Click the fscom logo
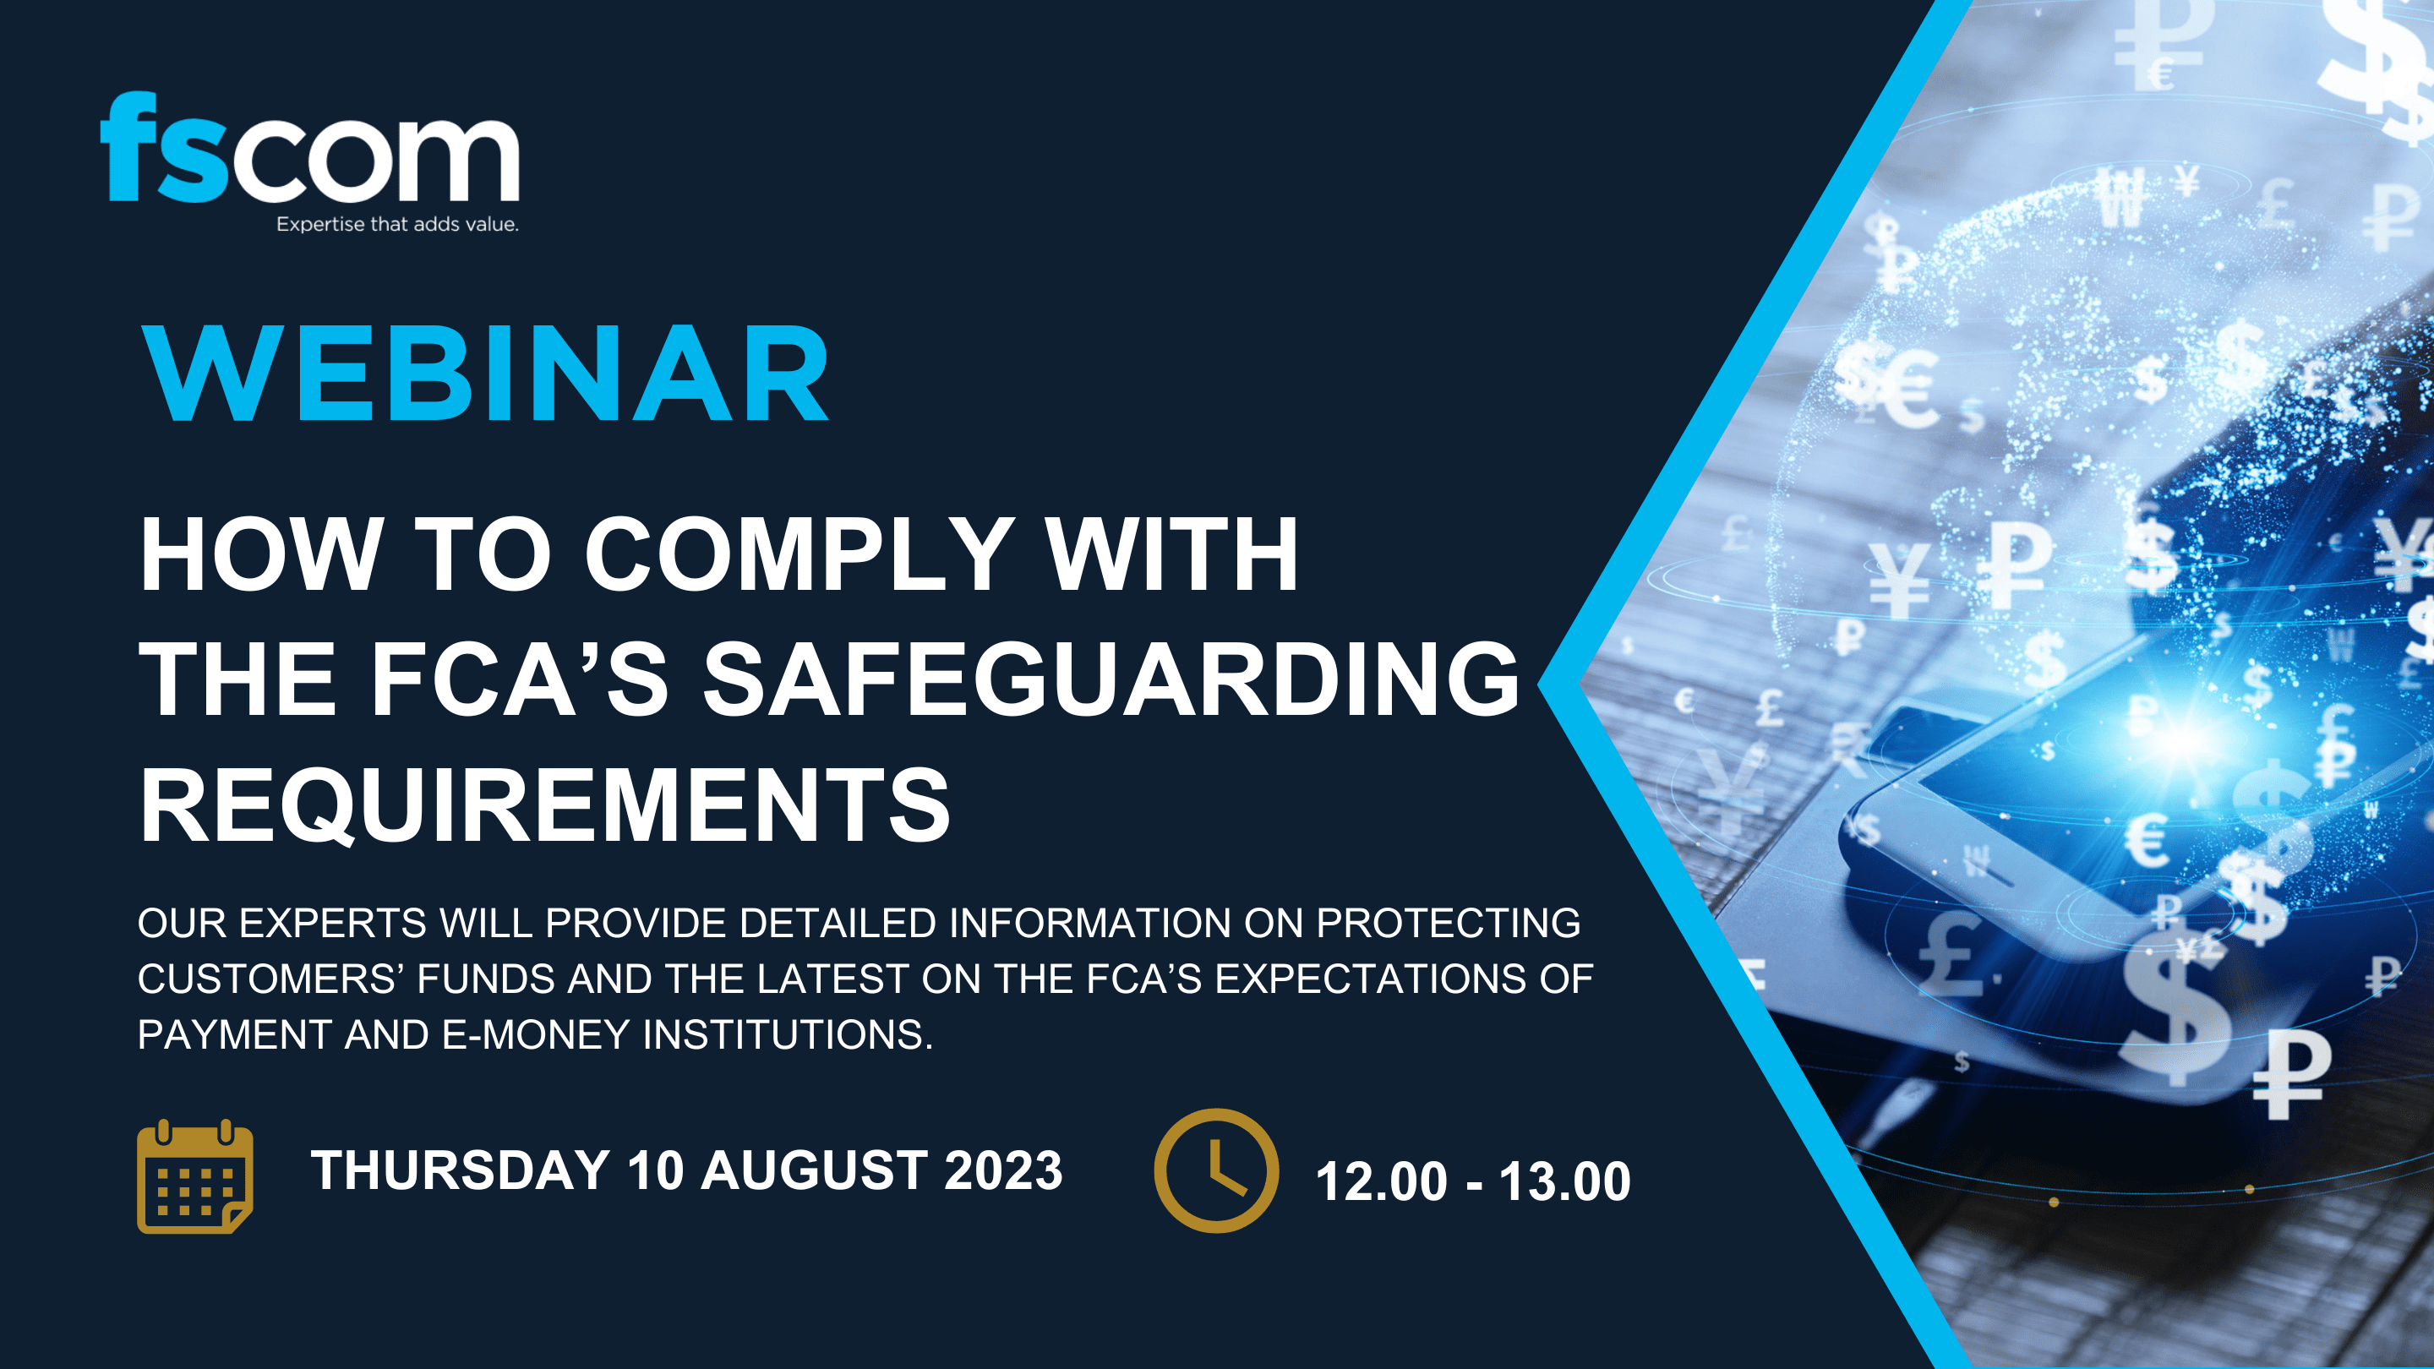click(310, 150)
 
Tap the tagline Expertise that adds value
click(397, 225)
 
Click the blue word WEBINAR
click(486, 374)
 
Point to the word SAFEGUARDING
click(1111, 679)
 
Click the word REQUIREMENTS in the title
click(544, 805)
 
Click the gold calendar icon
click(194, 1176)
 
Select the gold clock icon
click(1216, 1170)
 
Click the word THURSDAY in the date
click(460, 1170)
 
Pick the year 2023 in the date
click(1002, 1170)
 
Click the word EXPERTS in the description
click(333, 923)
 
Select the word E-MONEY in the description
click(536, 1034)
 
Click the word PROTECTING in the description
click(1449, 923)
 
